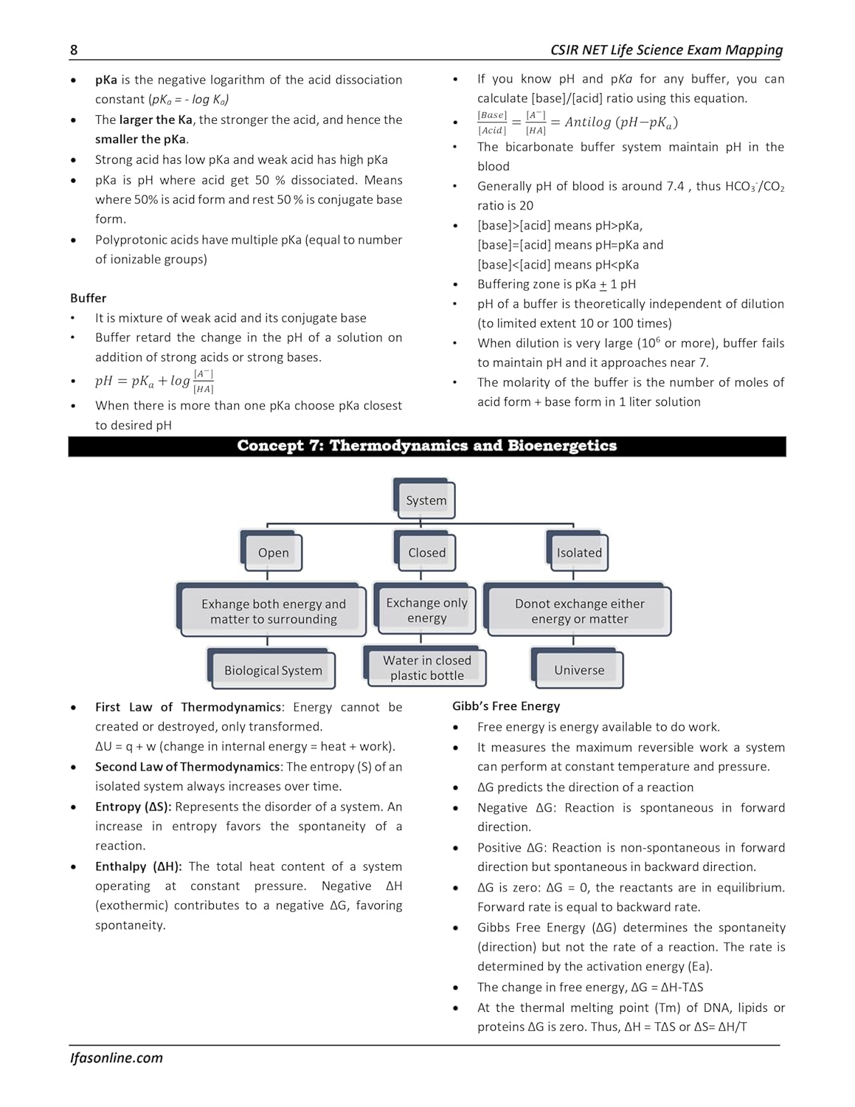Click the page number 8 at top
[x=74, y=50]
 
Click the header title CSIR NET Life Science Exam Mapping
[x=666, y=50]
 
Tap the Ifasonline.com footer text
[x=117, y=1058]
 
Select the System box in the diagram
[x=426, y=500]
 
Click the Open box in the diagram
[x=273, y=553]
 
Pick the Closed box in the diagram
[x=426, y=553]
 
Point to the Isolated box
[x=579, y=553]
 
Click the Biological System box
[x=273, y=670]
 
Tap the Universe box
[x=579, y=670]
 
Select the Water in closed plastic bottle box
[x=426, y=667]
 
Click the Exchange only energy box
[x=426, y=610]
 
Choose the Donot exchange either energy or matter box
[x=579, y=611]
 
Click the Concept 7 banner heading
[x=426, y=446]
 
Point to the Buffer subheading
[x=89, y=298]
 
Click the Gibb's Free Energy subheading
[x=506, y=706]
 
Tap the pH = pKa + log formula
[x=154, y=381]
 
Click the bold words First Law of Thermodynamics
[x=188, y=707]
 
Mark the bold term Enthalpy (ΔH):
[x=139, y=866]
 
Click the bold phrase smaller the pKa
[x=140, y=139]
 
